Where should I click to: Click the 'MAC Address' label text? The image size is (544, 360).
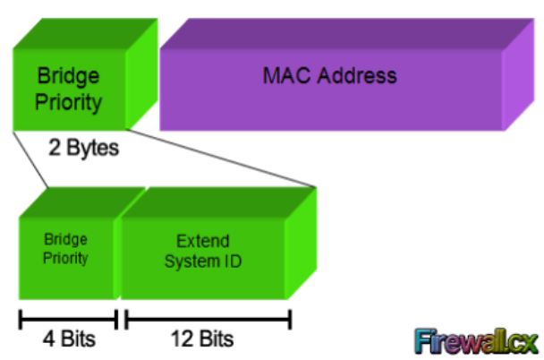tap(329, 75)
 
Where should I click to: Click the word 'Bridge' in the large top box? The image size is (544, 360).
tap(68, 76)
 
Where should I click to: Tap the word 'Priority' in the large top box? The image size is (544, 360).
tap(68, 102)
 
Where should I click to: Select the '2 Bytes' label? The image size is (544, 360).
tap(83, 148)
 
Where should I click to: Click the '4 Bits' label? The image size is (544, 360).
tap(69, 339)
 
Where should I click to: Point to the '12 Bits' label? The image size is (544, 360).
tap(202, 339)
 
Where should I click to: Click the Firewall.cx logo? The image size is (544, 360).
tap(476, 341)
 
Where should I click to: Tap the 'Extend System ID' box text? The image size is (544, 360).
tap(203, 251)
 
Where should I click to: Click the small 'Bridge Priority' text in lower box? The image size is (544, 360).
tap(65, 249)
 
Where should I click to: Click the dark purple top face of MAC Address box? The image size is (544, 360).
tap(347, 34)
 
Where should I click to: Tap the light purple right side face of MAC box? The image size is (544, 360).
tap(518, 74)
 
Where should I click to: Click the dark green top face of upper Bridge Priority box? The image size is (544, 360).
tap(85, 34)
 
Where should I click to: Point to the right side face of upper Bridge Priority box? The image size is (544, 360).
tap(141, 74)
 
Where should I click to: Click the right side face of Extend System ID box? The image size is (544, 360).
tap(302, 243)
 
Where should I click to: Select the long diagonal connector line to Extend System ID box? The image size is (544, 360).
tap(221, 159)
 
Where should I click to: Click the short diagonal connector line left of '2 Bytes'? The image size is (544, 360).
tap(30, 159)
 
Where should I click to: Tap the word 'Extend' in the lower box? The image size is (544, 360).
tap(203, 241)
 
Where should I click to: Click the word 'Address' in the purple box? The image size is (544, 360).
tap(357, 75)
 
